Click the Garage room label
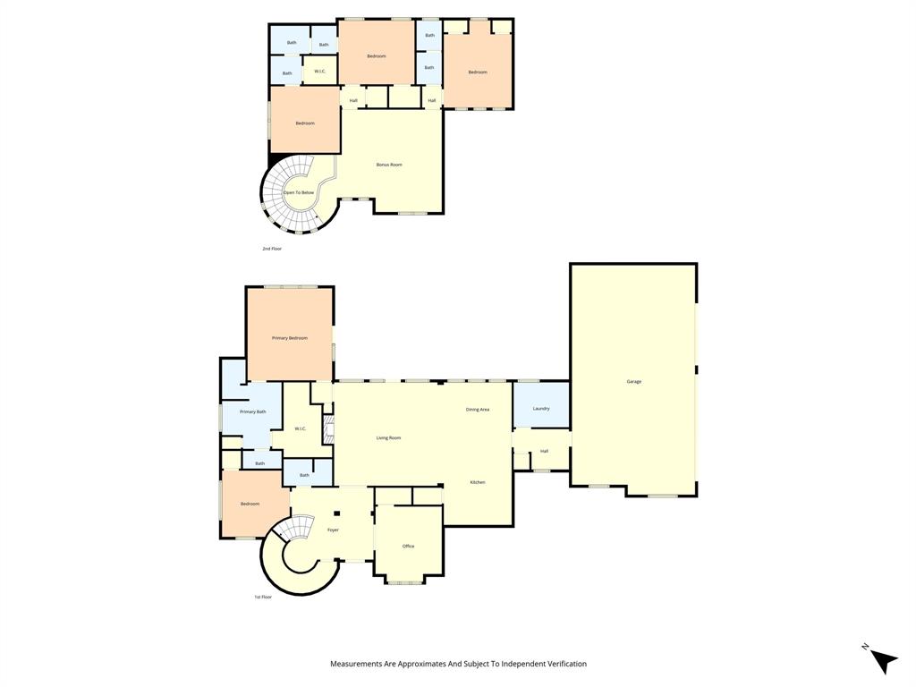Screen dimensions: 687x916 tap(633, 382)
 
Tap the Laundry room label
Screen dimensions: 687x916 tap(540, 409)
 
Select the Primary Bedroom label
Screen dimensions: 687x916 tap(290, 338)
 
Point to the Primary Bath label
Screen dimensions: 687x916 tap(252, 411)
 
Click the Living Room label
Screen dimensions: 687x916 tap(388, 438)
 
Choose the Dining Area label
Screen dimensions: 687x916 tap(478, 410)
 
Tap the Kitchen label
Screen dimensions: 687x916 tap(478, 483)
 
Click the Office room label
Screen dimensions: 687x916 tap(408, 547)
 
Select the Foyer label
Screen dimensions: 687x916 tap(333, 530)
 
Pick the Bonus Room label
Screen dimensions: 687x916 tap(389, 165)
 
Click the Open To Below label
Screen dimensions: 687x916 tap(299, 192)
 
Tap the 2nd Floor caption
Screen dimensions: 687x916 tap(272, 249)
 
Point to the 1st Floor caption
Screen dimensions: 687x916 tap(262, 597)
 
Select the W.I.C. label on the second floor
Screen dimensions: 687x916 tap(319, 71)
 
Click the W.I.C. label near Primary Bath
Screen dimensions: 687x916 tap(301, 428)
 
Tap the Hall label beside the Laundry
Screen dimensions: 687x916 tap(544, 451)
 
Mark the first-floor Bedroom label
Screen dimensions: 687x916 tap(250, 504)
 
